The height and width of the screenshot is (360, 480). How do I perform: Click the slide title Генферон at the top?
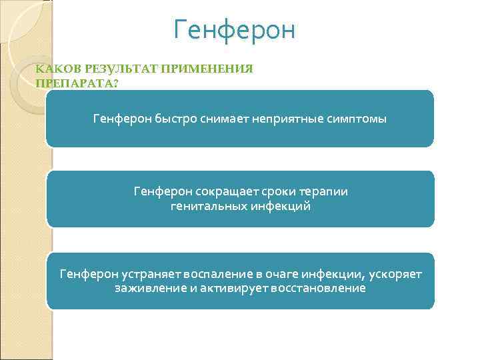pyautogui.click(x=234, y=30)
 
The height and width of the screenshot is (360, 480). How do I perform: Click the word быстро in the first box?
pyautogui.click(x=172, y=119)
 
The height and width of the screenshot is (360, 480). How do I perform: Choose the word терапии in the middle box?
pyautogui.click(x=323, y=192)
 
